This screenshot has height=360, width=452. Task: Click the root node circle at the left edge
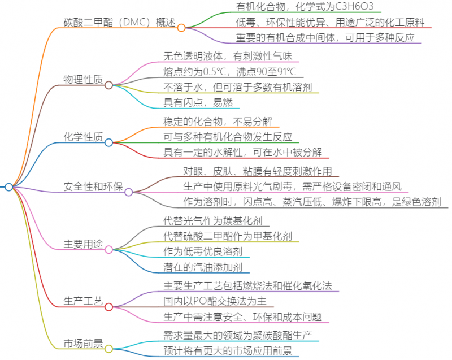(9, 187)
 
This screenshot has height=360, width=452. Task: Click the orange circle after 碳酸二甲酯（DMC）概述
(181, 28)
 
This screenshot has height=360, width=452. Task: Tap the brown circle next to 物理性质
(108, 85)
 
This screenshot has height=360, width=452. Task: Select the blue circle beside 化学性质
(108, 142)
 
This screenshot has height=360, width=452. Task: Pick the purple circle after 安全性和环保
(129, 192)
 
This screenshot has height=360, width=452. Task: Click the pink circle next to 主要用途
(108, 249)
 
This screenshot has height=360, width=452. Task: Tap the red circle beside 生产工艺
(108, 307)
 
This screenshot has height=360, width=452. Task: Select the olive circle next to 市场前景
(108, 349)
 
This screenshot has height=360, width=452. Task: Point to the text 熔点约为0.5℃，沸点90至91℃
(229, 72)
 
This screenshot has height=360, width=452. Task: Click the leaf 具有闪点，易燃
(198, 103)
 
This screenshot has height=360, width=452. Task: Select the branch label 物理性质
(83, 79)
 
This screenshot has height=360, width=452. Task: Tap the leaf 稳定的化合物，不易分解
(218, 122)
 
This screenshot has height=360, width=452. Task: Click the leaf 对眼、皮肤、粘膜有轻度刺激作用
(258, 171)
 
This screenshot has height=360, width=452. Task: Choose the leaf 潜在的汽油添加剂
(203, 267)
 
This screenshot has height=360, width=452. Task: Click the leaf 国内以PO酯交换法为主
(215, 301)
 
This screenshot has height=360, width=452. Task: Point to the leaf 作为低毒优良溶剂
(203, 251)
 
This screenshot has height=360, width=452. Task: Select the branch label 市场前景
(83, 343)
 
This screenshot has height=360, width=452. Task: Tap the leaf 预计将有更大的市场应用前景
(228, 351)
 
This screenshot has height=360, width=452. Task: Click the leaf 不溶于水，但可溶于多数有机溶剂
(237, 87)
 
